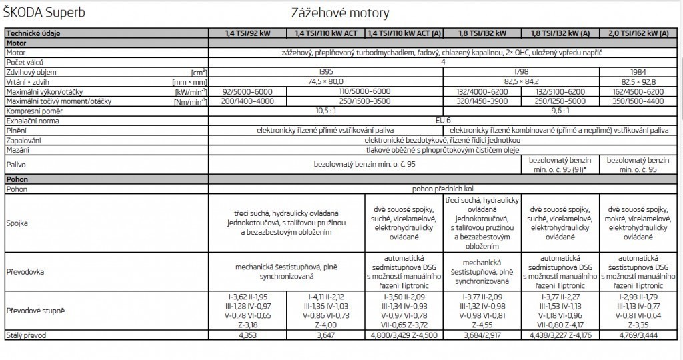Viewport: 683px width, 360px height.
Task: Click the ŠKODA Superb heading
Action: click(x=45, y=12)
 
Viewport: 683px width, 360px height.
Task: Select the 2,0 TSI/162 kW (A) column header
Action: click(x=640, y=33)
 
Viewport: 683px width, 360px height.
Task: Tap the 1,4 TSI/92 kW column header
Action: click(x=247, y=33)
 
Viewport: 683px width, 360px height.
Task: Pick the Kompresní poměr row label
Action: click(x=33, y=110)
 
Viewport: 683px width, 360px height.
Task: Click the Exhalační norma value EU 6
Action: click(x=443, y=121)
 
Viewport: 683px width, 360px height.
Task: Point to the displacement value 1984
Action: click(x=640, y=71)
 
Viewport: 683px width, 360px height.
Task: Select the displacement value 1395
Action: click(x=325, y=71)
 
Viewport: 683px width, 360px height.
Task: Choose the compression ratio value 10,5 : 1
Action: click(x=325, y=110)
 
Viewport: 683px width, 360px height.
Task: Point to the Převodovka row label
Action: click(x=25, y=272)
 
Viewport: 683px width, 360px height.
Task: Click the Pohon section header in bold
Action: click(x=17, y=179)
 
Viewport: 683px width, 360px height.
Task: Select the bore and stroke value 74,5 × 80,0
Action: click(x=325, y=81)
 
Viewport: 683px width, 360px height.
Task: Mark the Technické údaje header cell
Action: click(x=31, y=33)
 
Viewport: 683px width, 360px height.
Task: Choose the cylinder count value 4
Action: click(x=443, y=61)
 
